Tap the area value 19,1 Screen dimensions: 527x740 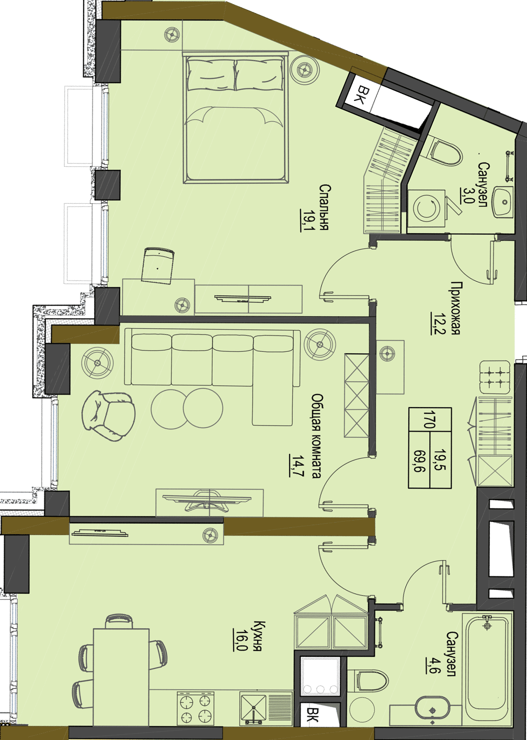point(305,220)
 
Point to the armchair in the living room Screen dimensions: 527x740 point(108,415)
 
